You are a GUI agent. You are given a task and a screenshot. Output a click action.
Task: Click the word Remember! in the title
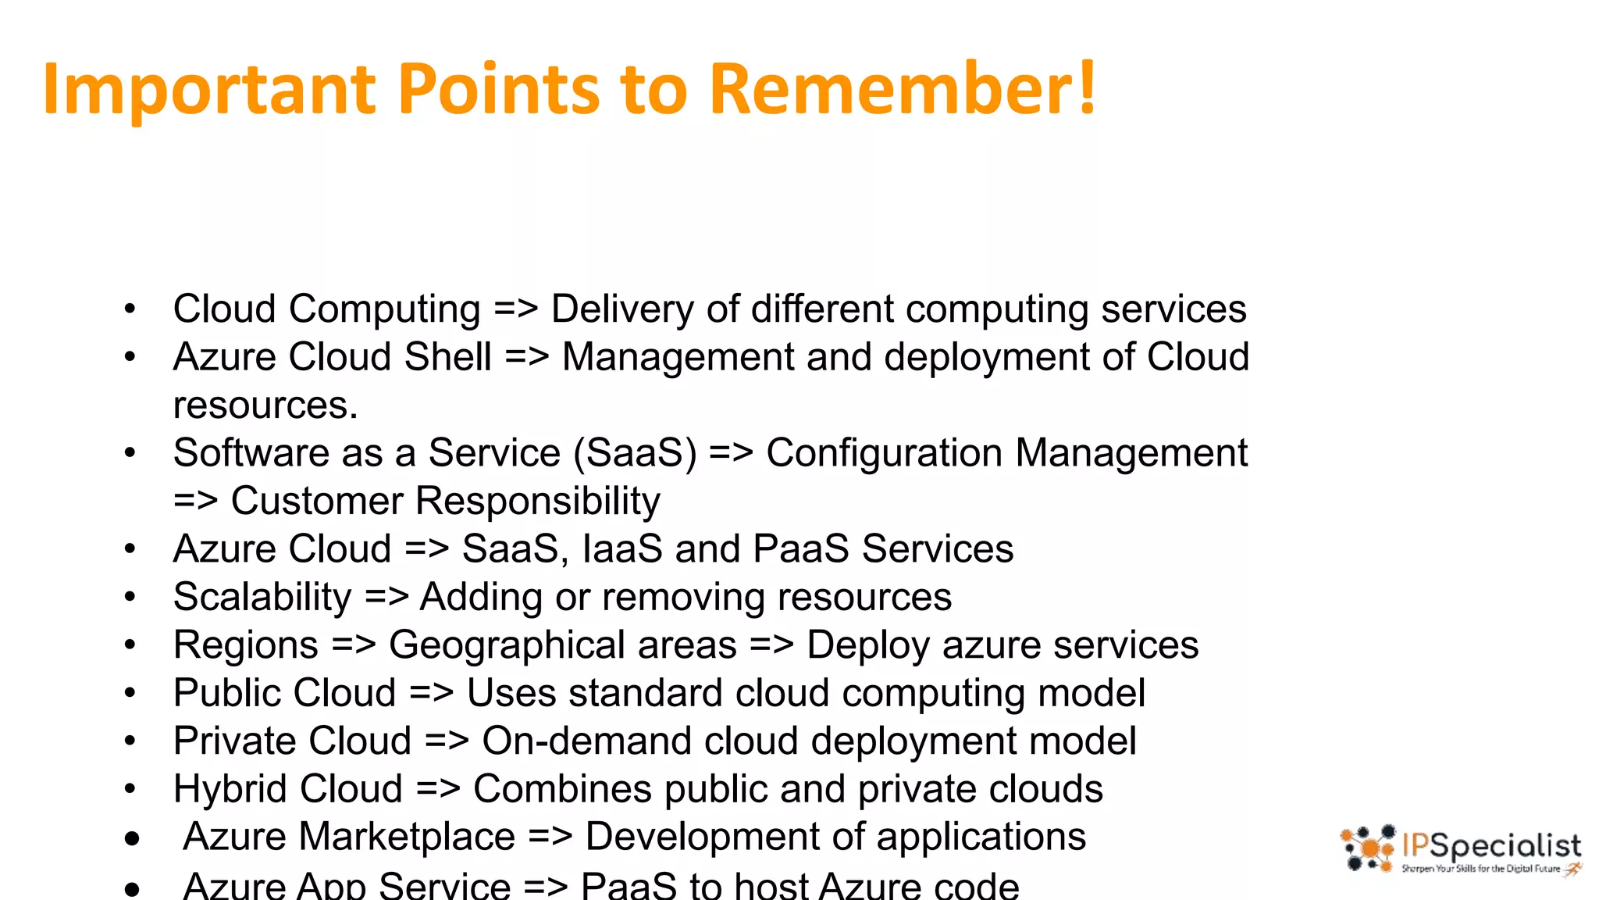902,88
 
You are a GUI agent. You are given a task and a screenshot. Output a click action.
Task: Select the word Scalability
262,598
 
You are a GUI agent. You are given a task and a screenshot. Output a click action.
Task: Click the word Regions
245,645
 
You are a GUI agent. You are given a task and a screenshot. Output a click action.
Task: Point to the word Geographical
562,646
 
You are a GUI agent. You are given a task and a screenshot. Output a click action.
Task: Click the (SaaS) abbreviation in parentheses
635,454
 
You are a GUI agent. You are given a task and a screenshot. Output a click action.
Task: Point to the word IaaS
622,549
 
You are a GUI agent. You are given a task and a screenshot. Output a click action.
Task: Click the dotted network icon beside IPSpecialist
1368,848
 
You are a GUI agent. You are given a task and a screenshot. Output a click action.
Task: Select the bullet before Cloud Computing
130,309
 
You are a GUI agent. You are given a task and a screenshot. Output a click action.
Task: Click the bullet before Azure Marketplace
132,839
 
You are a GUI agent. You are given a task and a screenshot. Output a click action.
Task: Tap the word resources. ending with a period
265,405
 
